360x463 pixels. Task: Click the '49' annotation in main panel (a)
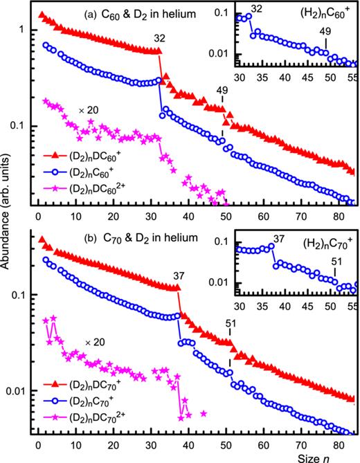coord(222,90)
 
